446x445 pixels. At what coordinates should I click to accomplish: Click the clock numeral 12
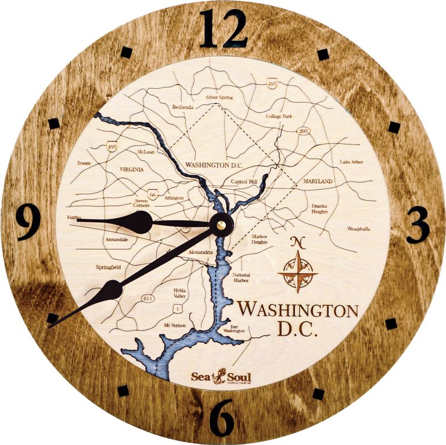tap(223, 29)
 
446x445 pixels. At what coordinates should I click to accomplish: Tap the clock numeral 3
tap(417, 223)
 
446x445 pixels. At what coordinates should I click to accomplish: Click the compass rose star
tap(297, 271)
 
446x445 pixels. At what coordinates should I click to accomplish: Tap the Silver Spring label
tap(220, 98)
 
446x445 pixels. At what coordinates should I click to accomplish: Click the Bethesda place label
tap(183, 107)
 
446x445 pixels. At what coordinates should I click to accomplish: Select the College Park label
tap(279, 117)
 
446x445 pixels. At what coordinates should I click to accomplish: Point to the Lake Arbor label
tap(351, 162)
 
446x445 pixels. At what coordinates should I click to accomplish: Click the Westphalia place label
tap(361, 229)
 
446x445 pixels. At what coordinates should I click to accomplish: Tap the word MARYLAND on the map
tap(318, 182)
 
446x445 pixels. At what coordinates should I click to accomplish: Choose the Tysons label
tap(84, 164)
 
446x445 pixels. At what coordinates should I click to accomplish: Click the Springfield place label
tap(109, 267)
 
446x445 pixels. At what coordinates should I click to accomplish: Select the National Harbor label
tap(241, 277)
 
